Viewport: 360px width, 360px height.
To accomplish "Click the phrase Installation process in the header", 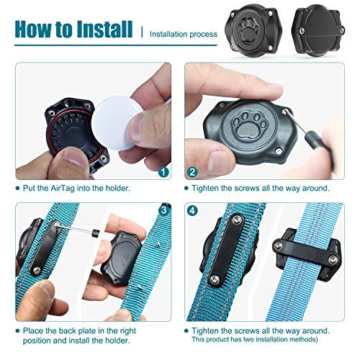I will [x=189, y=32].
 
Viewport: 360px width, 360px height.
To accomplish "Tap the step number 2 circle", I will [x=192, y=171].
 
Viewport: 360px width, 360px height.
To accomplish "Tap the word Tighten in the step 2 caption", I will [x=208, y=188].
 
